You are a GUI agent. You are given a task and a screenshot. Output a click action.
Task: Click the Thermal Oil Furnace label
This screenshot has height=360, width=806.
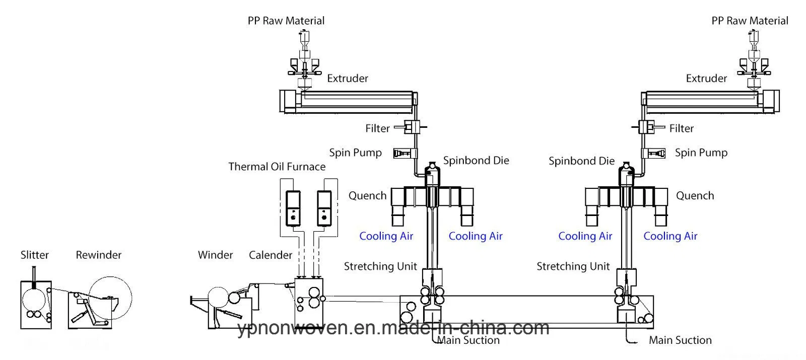tap(277, 167)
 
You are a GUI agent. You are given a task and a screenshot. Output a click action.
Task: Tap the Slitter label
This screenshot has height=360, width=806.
tap(35, 255)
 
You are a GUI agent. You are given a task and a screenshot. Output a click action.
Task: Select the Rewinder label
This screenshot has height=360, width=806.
tap(99, 255)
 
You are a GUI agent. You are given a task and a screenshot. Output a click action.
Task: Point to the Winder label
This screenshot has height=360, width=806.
tap(215, 255)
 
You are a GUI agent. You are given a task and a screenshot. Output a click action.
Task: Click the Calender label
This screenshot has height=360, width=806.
tap(271, 255)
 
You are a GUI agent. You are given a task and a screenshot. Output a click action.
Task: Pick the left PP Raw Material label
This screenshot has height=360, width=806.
tap(286, 21)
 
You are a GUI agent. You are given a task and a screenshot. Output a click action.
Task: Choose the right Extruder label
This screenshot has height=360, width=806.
tap(706, 78)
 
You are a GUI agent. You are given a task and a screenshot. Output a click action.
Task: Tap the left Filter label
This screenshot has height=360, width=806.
tap(377, 128)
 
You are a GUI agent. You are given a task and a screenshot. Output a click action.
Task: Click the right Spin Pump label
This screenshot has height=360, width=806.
tap(701, 153)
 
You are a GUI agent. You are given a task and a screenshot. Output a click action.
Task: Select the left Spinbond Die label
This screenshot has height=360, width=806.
tap(476, 160)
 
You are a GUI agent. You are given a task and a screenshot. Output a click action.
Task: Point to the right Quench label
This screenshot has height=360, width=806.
tap(695, 195)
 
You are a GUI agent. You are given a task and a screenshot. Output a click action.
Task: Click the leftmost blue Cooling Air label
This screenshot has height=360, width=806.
tap(386, 236)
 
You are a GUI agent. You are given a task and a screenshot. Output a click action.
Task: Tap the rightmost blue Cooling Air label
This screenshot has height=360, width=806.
tap(670, 236)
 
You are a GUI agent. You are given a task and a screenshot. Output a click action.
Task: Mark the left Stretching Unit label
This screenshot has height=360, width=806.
tap(380, 266)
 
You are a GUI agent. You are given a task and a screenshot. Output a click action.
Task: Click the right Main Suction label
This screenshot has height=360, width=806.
tap(680, 340)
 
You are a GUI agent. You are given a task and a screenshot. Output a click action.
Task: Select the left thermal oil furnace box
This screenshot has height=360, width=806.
tap(292, 208)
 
